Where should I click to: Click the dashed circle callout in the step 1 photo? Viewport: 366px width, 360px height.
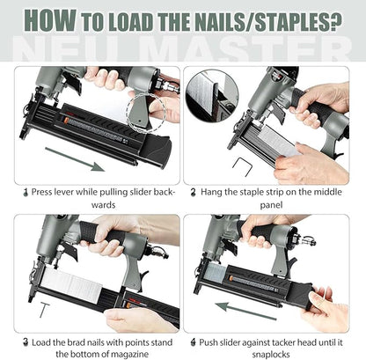click(x=142, y=111)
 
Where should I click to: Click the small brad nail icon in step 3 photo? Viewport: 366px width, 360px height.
click(x=20, y=309)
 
